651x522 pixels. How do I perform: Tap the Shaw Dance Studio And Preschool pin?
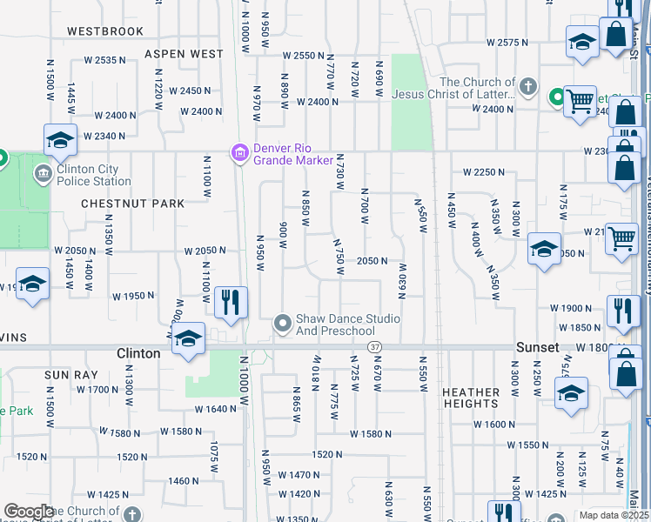click(x=282, y=324)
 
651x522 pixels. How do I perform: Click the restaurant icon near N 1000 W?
click(x=231, y=303)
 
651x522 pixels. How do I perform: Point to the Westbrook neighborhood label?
click(x=105, y=31)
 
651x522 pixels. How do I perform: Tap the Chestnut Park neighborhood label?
click(x=132, y=204)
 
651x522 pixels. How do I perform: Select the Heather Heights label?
click(x=471, y=398)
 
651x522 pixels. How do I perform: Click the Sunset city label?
click(x=537, y=347)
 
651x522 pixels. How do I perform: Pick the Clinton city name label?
click(x=138, y=354)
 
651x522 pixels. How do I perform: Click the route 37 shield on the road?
click(x=375, y=347)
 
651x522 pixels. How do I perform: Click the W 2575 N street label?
click(x=508, y=42)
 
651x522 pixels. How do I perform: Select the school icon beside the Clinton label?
click(x=188, y=340)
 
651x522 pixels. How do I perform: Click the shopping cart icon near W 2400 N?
click(x=579, y=101)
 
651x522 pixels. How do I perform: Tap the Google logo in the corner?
click(x=29, y=512)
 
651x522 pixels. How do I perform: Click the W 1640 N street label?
click(x=216, y=409)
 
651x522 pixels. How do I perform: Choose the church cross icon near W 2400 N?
click(x=527, y=85)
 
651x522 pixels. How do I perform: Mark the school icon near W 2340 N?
click(x=60, y=140)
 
